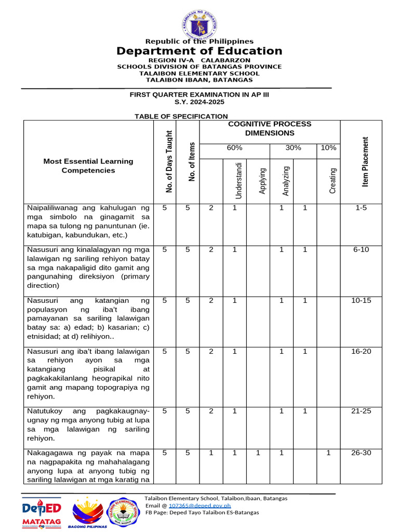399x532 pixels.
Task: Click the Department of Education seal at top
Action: click(x=199, y=20)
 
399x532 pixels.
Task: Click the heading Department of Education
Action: click(x=199, y=51)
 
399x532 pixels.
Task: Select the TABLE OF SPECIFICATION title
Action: click(x=181, y=116)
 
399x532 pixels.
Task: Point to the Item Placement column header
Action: click(x=366, y=162)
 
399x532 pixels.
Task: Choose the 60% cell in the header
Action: click(x=234, y=148)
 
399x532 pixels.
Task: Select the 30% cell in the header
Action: click(x=294, y=148)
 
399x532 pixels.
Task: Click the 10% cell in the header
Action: click(x=328, y=148)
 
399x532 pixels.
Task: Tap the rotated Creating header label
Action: click(x=333, y=181)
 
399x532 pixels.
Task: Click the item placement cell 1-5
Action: click(x=361, y=208)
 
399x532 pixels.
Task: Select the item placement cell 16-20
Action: click(x=361, y=352)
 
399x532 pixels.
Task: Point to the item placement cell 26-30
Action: click(x=361, y=453)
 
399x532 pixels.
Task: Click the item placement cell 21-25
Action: click(x=361, y=411)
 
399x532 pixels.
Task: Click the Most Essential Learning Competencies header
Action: click(x=88, y=166)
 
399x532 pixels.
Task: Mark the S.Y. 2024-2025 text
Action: click(x=199, y=102)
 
